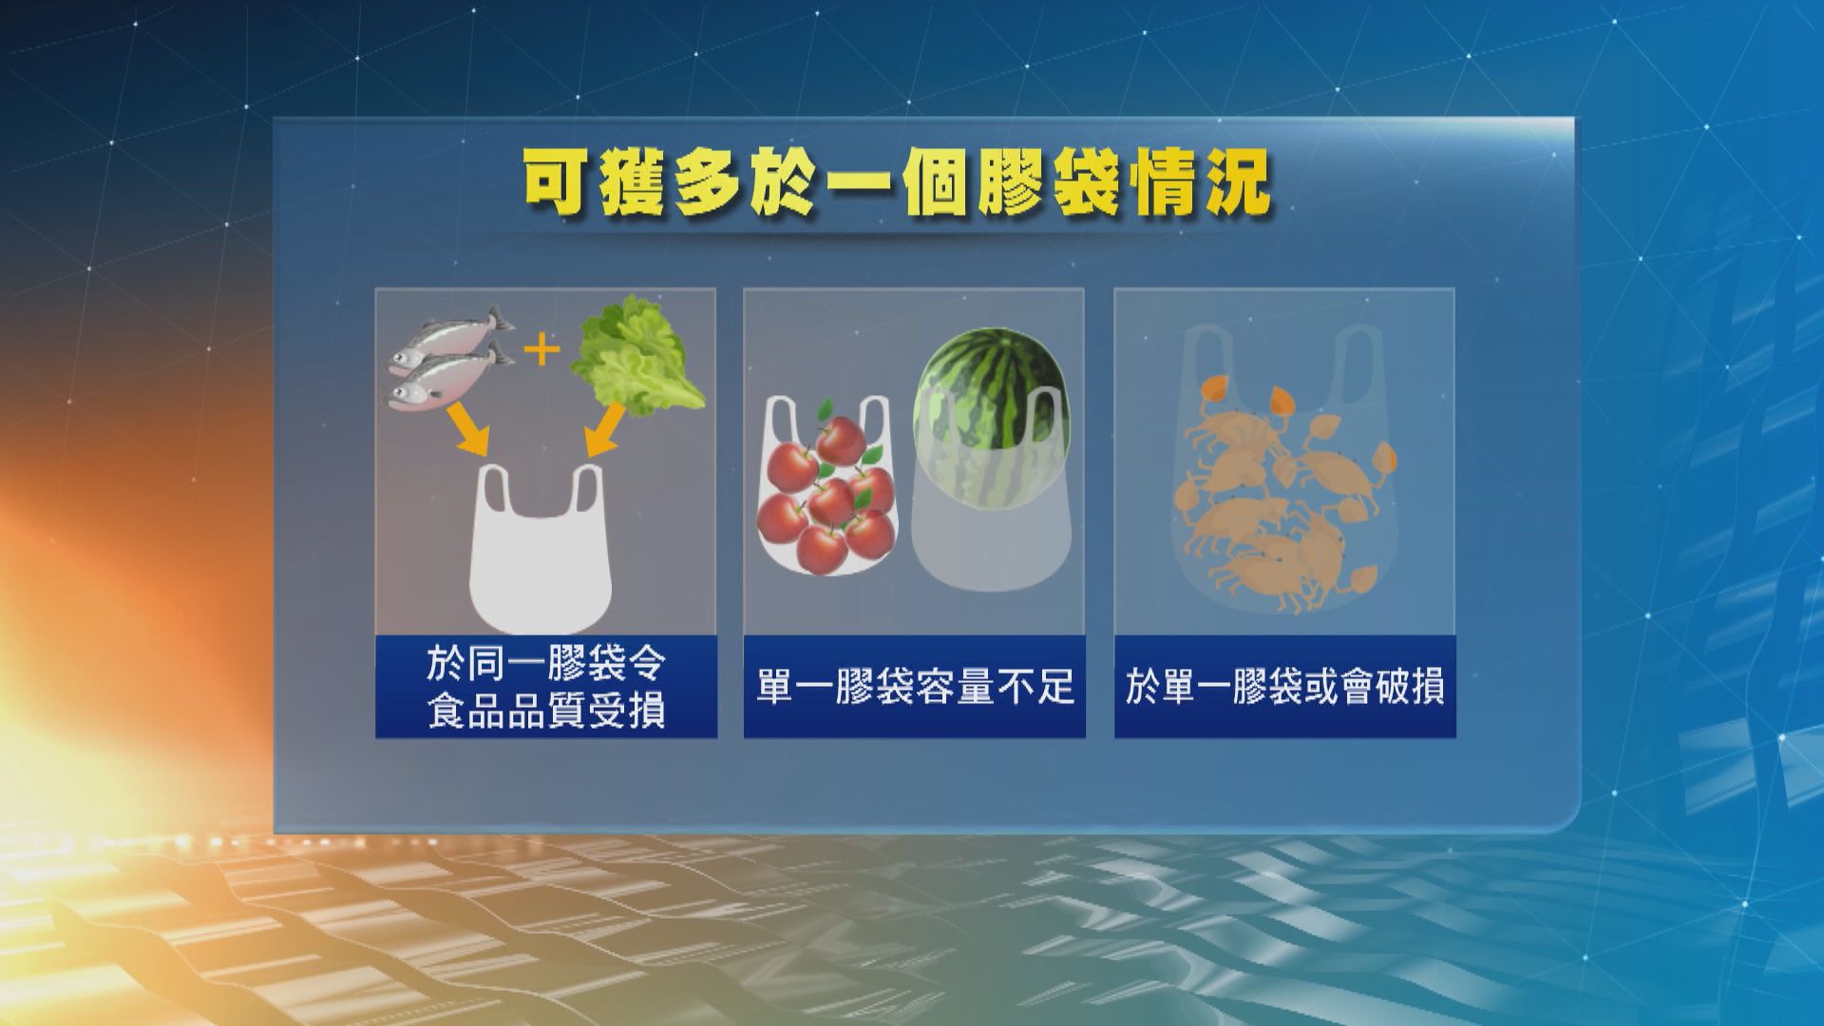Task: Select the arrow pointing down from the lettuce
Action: [606, 429]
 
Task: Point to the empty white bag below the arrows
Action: [541, 551]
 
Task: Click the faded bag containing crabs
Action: [1283, 475]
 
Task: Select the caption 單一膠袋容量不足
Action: [915, 687]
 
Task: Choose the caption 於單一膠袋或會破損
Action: [1284, 687]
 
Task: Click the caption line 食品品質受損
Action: [546, 711]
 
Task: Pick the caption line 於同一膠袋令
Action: [546, 664]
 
